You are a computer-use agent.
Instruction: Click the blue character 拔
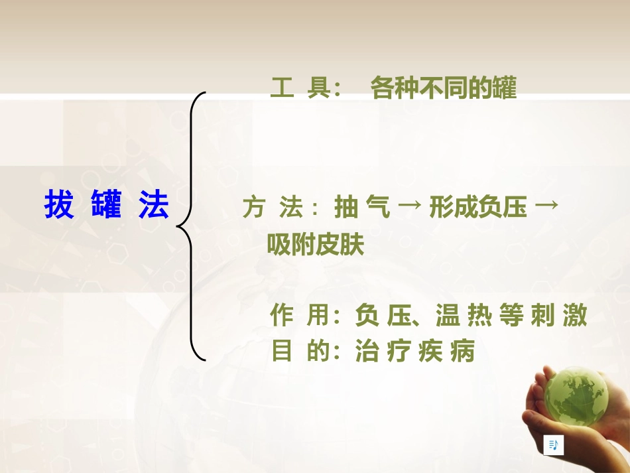pos(59,206)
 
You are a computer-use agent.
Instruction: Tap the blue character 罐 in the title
pos(107,206)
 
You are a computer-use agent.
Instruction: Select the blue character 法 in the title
pos(154,206)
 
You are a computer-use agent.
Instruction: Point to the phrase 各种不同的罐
pos(443,89)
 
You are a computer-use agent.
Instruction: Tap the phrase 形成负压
pos(478,208)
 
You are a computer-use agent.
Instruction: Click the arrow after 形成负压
pos(545,207)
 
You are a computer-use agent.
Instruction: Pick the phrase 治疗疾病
pos(416,351)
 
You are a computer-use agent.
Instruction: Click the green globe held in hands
pos(575,396)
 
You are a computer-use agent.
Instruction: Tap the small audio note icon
pos(553,445)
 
